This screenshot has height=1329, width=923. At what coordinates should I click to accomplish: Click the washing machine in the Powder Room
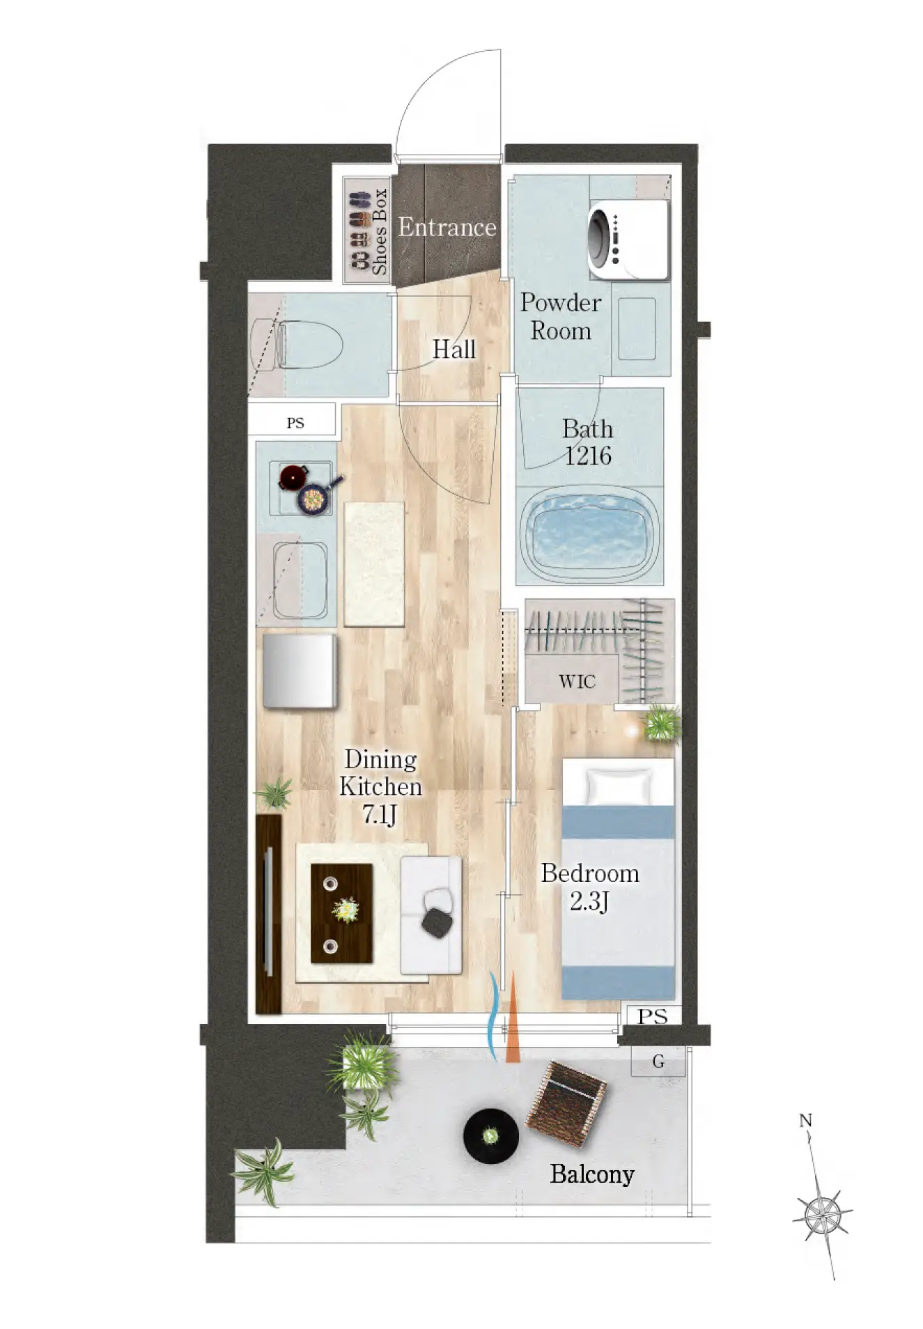[628, 240]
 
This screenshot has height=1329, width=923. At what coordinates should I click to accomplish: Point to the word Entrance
[447, 227]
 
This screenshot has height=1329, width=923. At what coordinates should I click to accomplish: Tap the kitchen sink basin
[300, 580]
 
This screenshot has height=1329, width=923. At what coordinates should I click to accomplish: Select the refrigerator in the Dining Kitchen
[300, 670]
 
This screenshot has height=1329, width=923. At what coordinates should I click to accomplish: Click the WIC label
[577, 681]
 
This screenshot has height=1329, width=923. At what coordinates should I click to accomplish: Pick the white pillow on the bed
[619, 786]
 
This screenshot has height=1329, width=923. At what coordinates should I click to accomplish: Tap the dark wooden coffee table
[341, 913]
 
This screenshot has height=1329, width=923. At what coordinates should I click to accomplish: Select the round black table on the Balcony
[490, 1135]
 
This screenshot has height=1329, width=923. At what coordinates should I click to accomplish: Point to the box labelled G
[658, 1062]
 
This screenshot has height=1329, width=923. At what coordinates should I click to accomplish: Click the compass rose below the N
[823, 1215]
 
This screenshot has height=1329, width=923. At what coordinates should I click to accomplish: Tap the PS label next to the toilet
[295, 423]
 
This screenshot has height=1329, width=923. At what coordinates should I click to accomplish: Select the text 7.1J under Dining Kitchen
[380, 814]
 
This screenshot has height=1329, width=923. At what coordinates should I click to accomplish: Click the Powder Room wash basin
[637, 329]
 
